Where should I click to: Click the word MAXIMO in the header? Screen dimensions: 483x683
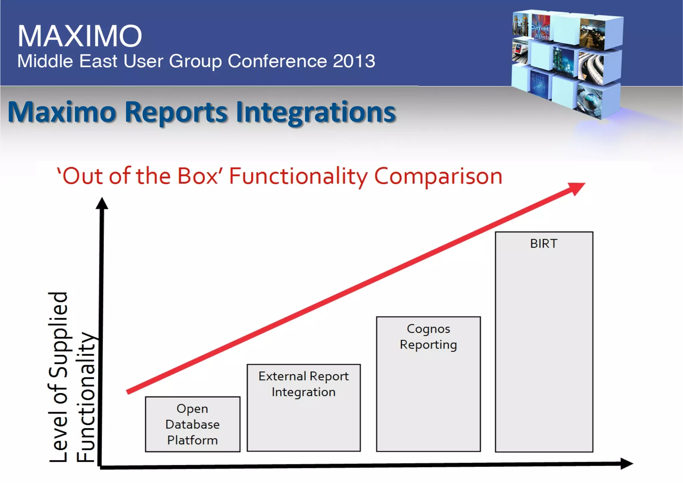coord(80,36)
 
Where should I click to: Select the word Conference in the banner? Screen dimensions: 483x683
coord(277,61)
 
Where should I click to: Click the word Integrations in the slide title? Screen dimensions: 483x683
coord(315,112)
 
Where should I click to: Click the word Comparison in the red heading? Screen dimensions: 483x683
coord(438,176)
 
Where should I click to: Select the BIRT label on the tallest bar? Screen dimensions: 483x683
coord(544,244)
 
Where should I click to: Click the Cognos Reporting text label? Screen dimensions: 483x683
coord(428,337)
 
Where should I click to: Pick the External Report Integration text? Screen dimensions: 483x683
coord(303,384)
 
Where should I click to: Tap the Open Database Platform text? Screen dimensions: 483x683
coord(192,424)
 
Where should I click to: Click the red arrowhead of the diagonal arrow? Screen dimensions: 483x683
coord(577,188)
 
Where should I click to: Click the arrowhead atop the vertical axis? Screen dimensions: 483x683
coord(102,203)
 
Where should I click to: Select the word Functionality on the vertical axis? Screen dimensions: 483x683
coord(86,397)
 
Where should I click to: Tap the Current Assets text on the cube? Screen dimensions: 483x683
coord(540,32)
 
